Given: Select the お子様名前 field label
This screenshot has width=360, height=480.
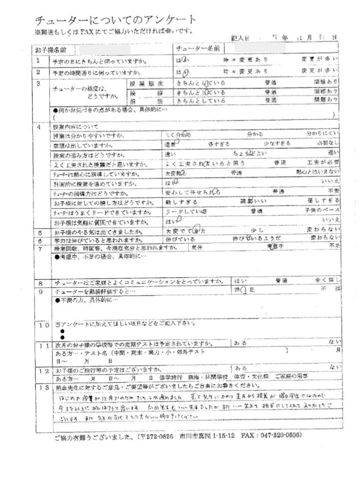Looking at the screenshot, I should tap(50, 50).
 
